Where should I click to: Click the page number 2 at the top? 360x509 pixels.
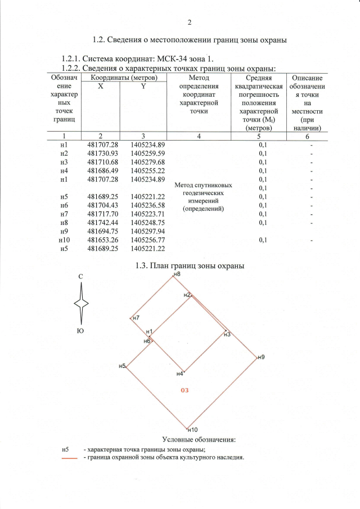point(190,22)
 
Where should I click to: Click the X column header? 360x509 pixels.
point(100,87)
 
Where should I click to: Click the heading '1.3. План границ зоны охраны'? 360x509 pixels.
point(190,265)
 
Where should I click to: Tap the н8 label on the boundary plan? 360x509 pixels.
point(177,273)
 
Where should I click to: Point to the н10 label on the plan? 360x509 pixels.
point(191,430)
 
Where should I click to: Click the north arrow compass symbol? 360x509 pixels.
point(82,302)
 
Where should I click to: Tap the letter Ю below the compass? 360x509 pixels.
point(80,331)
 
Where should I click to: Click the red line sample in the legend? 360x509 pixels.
point(69,458)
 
